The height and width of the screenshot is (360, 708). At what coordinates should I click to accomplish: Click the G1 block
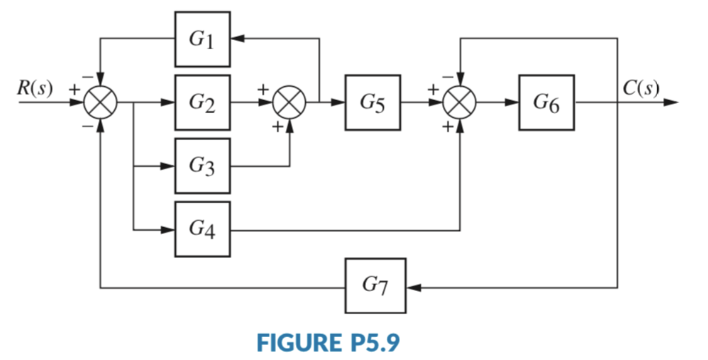[203, 39]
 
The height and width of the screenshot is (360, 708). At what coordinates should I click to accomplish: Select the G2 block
[203, 102]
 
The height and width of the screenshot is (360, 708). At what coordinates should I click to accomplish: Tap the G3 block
[203, 166]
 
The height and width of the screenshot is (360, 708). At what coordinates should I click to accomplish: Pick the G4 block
[203, 229]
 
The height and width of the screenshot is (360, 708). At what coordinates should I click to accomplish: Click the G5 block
[373, 102]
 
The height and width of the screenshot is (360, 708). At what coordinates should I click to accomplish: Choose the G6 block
[546, 102]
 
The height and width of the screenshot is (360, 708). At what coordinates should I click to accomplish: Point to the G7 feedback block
[375, 286]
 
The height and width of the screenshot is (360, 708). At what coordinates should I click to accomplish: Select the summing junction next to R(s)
[101, 102]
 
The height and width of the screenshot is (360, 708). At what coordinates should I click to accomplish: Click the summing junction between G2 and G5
[289, 102]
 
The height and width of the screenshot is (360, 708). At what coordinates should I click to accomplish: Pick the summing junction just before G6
[460, 102]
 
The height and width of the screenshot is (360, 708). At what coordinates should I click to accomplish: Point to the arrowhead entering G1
[237, 39]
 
